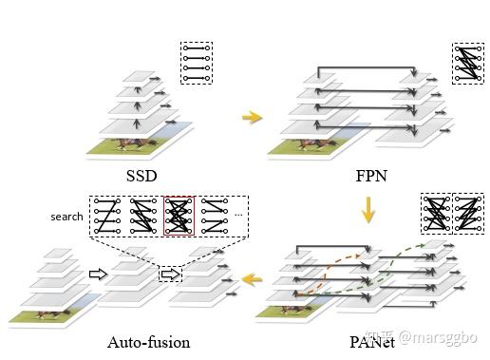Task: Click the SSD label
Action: [x=141, y=176]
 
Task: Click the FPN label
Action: [x=371, y=176]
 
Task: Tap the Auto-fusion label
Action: [x=149, y=342]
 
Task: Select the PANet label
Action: [x=372, y=342]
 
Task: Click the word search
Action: [x=66, y=217]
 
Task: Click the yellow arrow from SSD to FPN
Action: [x=253, y=117]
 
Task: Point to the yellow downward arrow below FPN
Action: [x=368, y=210]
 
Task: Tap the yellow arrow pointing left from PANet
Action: [x=252, y=279]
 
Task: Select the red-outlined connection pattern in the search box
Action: [x=179, y=217]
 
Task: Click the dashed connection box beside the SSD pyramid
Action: [x=197, y=63]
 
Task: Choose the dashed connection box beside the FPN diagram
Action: [x=468, y=64]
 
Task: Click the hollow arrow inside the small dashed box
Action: [x=170, y=275]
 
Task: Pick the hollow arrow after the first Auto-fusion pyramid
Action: [x=99, y=274]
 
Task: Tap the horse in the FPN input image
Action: [x=316, y=144]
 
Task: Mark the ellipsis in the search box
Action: [x=238, y=215]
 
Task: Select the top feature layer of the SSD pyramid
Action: [x=140, y=76]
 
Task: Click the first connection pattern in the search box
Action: [x=107, y=217]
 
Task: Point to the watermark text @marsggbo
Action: [x=438, y=337]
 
